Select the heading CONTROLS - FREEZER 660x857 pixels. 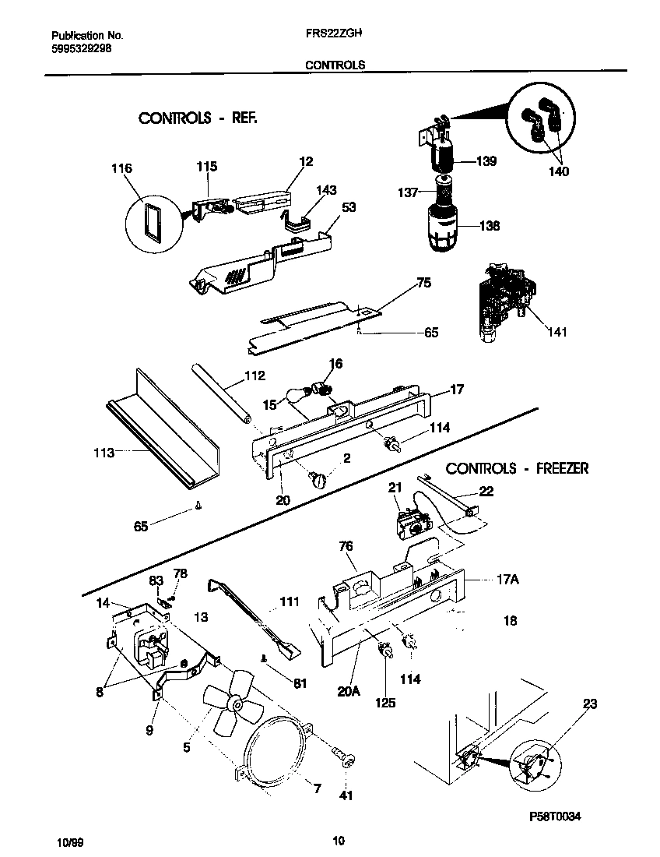click(517, 468)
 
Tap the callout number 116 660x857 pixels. click(122, 168)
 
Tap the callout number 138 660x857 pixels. click(490, 226)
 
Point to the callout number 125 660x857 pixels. click(384, 702)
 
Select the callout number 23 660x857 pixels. click(590, 704)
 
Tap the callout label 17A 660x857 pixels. click(507, 580)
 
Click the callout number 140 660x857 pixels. click(558, 171)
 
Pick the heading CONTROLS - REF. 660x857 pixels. click(197, 118)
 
